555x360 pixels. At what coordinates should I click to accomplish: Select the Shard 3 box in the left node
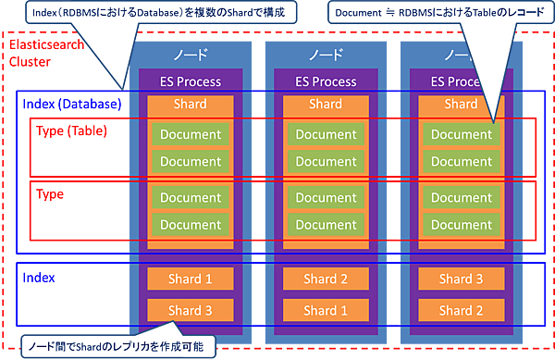[191, 310]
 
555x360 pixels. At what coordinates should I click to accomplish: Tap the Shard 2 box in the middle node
[326, 279]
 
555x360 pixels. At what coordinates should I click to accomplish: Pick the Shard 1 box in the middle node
[326, 310]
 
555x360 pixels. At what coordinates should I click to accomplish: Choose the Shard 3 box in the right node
[461, 279]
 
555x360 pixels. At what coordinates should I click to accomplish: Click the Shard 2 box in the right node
[461, 310]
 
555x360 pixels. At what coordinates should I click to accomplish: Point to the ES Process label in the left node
[191, 81]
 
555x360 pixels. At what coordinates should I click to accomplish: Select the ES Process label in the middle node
[326, 81]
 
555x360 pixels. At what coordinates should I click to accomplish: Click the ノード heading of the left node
[191, 56]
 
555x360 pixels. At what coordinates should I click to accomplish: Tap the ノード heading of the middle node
[326, 56]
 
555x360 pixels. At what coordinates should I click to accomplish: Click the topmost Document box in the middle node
[326, 135]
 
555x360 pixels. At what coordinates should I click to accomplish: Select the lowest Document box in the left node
[191, 225]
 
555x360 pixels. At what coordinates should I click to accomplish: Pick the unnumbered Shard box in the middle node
[326, 105]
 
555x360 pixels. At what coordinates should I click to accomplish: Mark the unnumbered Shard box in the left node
[191, 105]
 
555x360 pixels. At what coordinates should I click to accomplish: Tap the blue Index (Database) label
[70, 104]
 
